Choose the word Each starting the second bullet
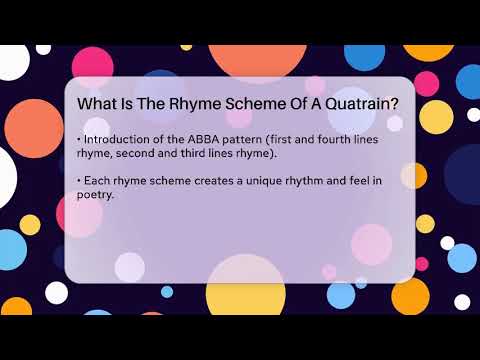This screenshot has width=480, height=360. click(96, 180)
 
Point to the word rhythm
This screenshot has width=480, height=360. click(310, 180)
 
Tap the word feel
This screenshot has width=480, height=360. click(371, 180)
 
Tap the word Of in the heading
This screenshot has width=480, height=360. click(289, 103)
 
